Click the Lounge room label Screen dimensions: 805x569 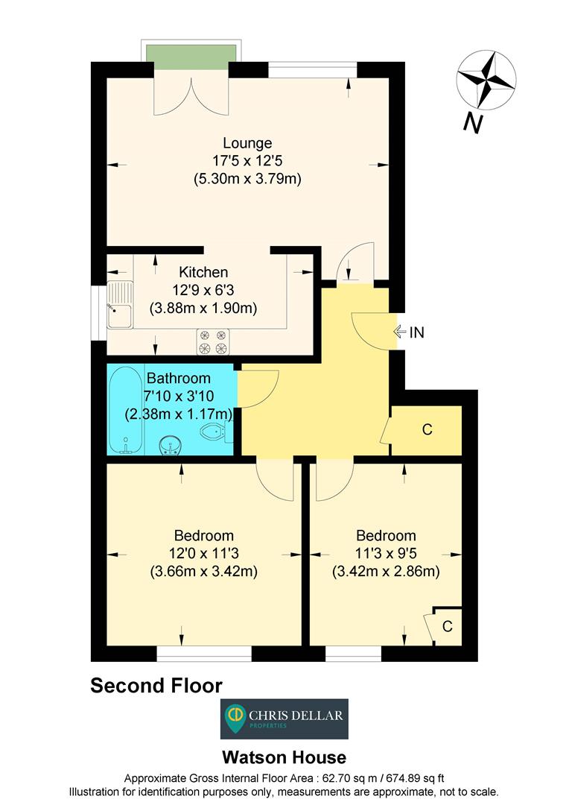tap(247, 142)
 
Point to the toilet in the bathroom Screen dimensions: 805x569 tap(215, 432)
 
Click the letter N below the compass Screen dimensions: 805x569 tap(471, 122)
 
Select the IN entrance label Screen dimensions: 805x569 tap(416, 332)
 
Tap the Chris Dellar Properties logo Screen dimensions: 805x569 tap(284, 718)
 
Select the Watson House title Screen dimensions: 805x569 tap(284, 758)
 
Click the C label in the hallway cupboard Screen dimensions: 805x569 tap(427, 430)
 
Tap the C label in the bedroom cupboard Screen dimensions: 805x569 tap(447, 626)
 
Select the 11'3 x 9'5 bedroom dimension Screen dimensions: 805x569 tap(385, 554)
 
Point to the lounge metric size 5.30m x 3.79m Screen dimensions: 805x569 tap(247, 179)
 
